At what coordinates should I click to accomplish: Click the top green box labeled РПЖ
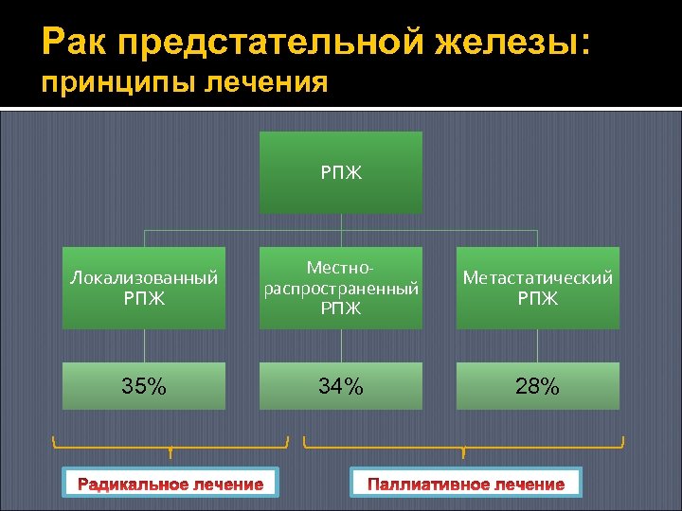point(341,172)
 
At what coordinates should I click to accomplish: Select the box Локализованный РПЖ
point(144,288)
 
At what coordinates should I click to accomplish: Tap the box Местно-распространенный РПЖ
point(341,288)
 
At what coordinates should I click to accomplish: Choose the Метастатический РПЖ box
point(537,288)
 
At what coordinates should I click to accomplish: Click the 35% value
point(144,385)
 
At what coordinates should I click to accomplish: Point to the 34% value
point(341,385)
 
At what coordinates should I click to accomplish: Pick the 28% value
point(537,385)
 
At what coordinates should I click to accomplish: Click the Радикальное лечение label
point(170,484)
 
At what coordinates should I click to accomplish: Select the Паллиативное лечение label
point(466,484)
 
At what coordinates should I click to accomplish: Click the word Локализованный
point(144,278)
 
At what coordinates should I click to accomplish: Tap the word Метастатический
point(537,278)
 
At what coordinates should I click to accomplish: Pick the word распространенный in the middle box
point(341,289)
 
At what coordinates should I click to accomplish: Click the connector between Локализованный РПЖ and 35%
point(144,345)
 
